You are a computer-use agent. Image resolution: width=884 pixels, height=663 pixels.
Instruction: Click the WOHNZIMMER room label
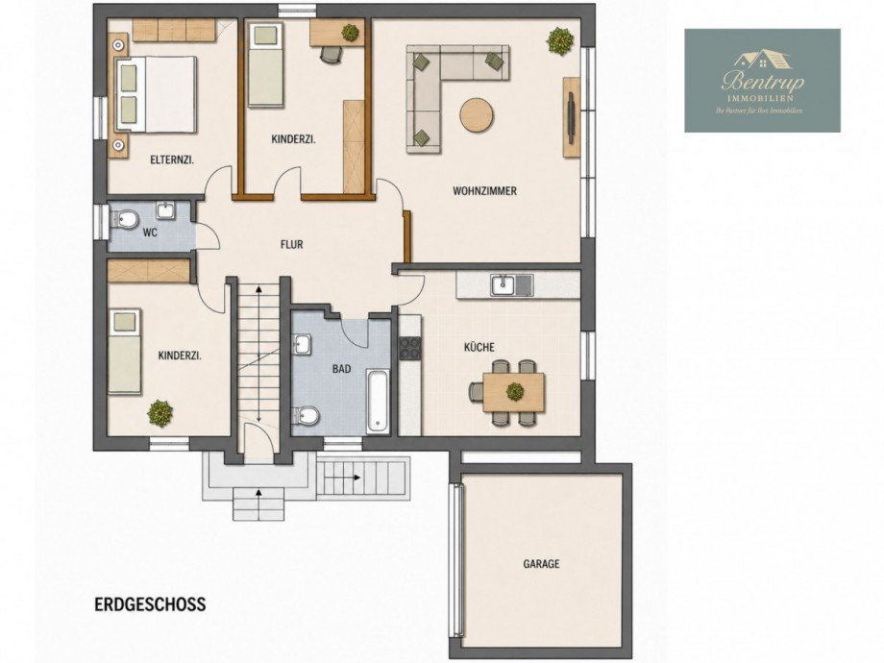pyautogui.click(x=484, y=191)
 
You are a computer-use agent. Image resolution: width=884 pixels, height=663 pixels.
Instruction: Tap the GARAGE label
pyautogui.click(x=541, y=563)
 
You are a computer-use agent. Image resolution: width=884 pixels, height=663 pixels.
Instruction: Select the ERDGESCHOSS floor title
pyautogui.click(x=150, y=604)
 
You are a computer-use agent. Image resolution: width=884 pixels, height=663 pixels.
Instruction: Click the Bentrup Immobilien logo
pyautogui.click(x=762, y=81)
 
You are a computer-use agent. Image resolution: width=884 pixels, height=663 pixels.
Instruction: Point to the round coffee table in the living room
pyautogui.click(x=477, y=115)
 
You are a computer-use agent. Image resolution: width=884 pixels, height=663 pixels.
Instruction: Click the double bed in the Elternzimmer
pyautogui.click(x=157, y=93)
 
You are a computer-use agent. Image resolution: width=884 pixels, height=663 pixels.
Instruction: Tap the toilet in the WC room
pyautogui.click(x=125, y=219)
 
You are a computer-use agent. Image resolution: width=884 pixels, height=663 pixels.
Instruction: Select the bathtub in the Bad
pyautogui.click(x=378, y=401)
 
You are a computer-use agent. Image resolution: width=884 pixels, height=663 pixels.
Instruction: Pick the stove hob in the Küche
pyautogui.click(x=410, y=347)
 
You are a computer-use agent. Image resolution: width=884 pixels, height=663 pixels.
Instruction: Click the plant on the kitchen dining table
pyautogui.click(x=514, y=391)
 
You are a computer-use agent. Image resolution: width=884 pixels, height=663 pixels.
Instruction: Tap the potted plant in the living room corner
pyautogui.click(x=560, y=41)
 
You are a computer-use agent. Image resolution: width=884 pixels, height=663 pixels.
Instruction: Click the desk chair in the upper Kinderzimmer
pyautogui.click(x=331, y=53)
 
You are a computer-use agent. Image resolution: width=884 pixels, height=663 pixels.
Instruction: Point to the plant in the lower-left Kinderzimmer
pyautogui.click(x=160, y=413)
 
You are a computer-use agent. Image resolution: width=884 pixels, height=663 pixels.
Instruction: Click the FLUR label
pyautogui.click(x=291, y=245)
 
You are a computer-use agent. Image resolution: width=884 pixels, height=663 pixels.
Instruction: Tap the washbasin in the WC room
pyautogui.click(x=166, y=210)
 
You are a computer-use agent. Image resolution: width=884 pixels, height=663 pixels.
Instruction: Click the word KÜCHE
pyautogui.click(x=479, y=347)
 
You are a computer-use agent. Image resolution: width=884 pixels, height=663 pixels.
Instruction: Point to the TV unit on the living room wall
pyautogui.click(x=571, y=116)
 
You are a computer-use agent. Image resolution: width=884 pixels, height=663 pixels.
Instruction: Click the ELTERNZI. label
pyautogui.click(x=172, y=160)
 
